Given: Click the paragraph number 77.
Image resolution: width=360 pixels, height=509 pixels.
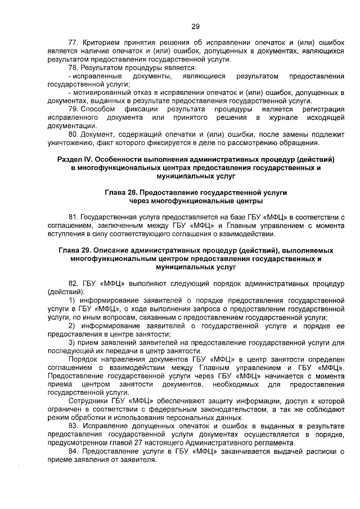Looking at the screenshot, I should (x=72, y=43).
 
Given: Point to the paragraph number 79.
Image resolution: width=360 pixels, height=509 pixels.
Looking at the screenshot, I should (x=73, y=109).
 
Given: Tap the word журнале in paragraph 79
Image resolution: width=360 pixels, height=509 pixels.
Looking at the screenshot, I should (x=284, y=117).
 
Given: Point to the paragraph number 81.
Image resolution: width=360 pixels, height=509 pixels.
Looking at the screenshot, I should (x=72, y=217).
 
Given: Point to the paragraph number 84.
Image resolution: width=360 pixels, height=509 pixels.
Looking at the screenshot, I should (x=72, y=451).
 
